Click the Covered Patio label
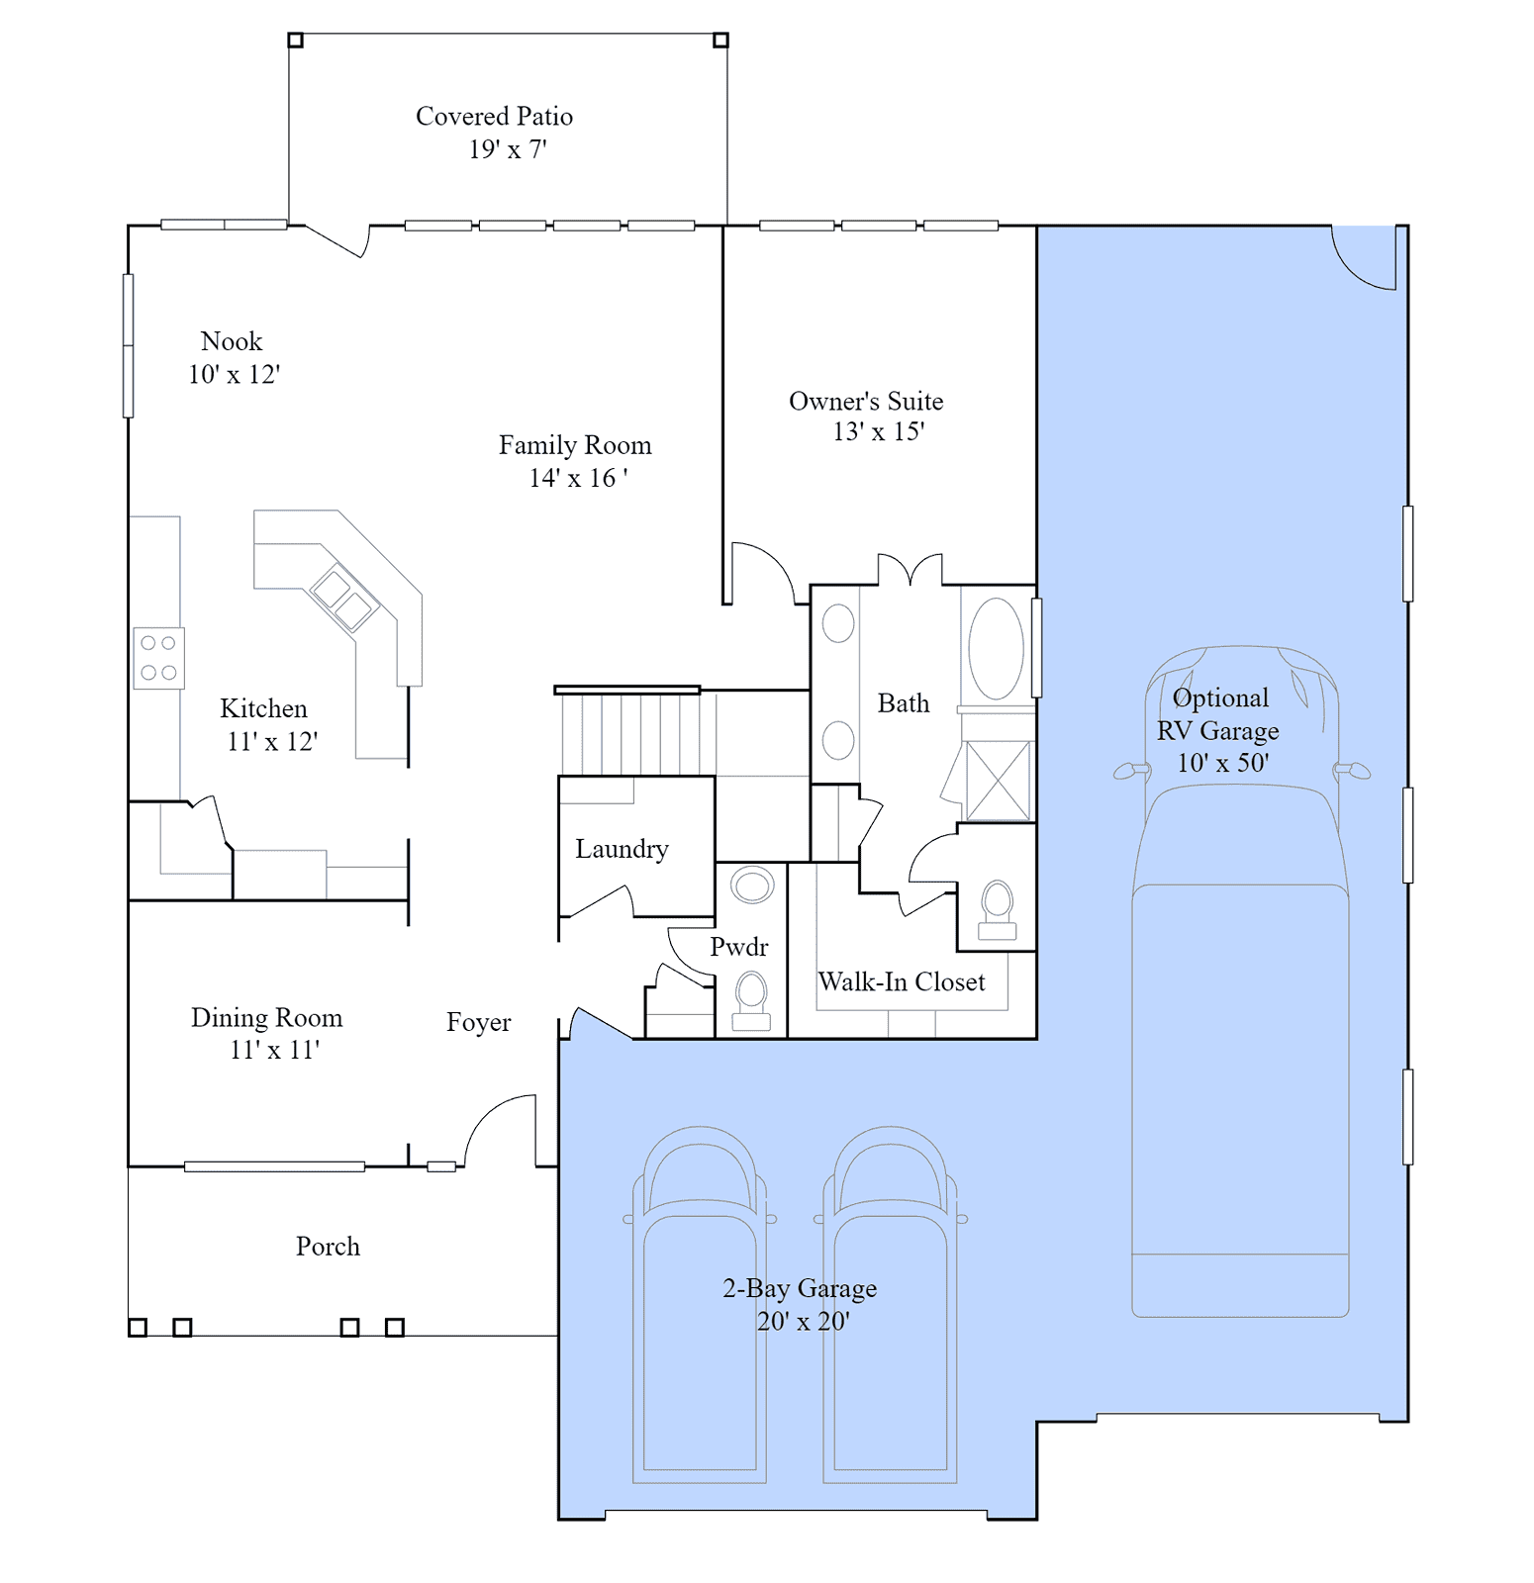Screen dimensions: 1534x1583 [x=494, y=117]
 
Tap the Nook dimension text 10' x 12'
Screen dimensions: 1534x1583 [x=235, y=374]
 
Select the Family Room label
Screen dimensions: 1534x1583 [x=575, y=445]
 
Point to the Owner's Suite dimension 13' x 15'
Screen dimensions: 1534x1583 [x=879, y=431]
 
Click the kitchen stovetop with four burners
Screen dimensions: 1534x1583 [x=158, y=658]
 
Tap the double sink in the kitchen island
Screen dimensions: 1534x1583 [x=344, y=599]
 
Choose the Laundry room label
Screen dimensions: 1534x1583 [x=622, y=849]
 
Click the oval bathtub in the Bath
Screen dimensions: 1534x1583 [x=996, y=649]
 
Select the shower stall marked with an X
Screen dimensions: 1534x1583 [x=998, y=781]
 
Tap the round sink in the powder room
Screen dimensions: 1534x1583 [x=752, y=885]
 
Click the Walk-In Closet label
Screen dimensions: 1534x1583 [x=902, y=981]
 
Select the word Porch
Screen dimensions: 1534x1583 [x=328, y=1247]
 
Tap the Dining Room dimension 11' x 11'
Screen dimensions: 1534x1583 [x=275, y=1050]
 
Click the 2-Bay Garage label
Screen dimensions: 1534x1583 [x=800, y=1288]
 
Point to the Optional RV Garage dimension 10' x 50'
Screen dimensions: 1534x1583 [x=1222, y=763]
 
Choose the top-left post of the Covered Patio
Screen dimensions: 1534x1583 [x=295, y=41]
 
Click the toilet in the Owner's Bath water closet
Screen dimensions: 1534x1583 [x=998, y=910]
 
